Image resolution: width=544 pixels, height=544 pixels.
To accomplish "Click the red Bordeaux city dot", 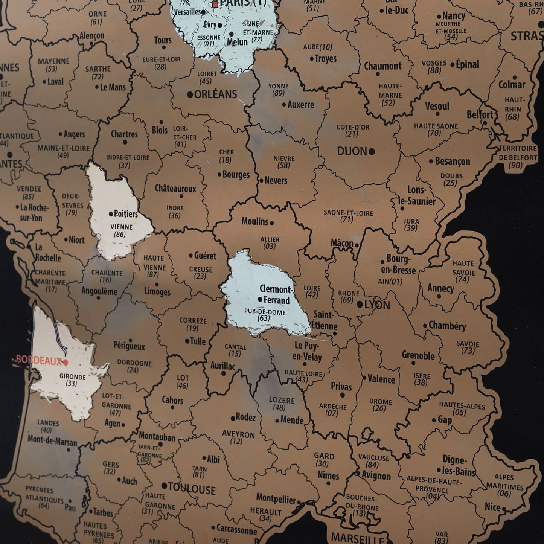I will pyautogui.click(x=66, y=362).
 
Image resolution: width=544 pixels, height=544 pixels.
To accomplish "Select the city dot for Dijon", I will pyautogui.click(x=372, y=152).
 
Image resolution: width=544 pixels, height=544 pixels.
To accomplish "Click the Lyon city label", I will pyautogui.click(x=377, y=305).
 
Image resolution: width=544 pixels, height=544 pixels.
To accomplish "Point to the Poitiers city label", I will pyautogui.click(x=126, y=214).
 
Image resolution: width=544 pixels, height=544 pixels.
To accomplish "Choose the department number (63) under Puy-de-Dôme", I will pyautogui.click(x=264, y=318).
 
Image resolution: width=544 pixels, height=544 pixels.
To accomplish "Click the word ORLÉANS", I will pyautogui.click(x=215, y=94).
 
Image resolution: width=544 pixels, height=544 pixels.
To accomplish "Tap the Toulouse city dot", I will pyautogui.click(x=164, y=486).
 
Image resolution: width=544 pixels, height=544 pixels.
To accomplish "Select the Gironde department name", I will pyautogui.click(x=72, y=376).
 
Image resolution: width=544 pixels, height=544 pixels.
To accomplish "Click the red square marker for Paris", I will pyautogui.click(x=215, y=4).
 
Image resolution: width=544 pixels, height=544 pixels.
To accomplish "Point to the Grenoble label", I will pyautogui.click(x=418, y=355).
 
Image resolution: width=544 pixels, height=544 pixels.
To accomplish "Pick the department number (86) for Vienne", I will pyautogui.click(x=120, y=235).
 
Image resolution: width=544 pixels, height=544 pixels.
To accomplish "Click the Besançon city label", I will pyautogui.click(x=452, y=162).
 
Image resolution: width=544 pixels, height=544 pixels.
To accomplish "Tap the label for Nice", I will pyautogui.click(x=492, y=507).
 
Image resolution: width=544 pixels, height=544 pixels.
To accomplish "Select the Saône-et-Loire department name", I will pyautogui.click(x=348, y=213).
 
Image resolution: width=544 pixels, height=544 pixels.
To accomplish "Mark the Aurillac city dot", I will pyautogui.click(x=223, y=373).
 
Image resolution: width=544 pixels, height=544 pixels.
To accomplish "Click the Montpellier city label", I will pyautogui.click(x=276, y=499).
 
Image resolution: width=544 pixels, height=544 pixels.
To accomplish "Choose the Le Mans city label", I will pyautogui.click(x=113, y=87).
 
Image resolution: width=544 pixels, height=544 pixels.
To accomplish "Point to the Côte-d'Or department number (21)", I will pyautogui.click(x=352, y=134).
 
